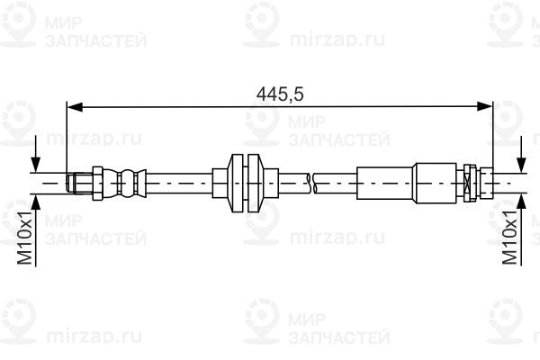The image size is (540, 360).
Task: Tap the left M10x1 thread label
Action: pyautogui.click(x=26, y=237)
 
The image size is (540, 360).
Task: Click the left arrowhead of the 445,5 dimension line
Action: pyautogui.click(x=75, y=107)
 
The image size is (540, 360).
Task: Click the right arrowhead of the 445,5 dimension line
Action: pyautogui.click(x=486, y=107)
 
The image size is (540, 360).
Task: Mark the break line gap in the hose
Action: pyautogui.click(x=311, y=183)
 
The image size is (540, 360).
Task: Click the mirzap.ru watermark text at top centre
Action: pyautogui.click(x=322, y=40)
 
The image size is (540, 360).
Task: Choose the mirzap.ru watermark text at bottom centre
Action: pyautogui.click(x=322, y=337)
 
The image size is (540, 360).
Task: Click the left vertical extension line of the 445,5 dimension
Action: pyautogui.click(x=67, y=135)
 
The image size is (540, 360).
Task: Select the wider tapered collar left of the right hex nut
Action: pyautogui.click(x=438, y=183)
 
